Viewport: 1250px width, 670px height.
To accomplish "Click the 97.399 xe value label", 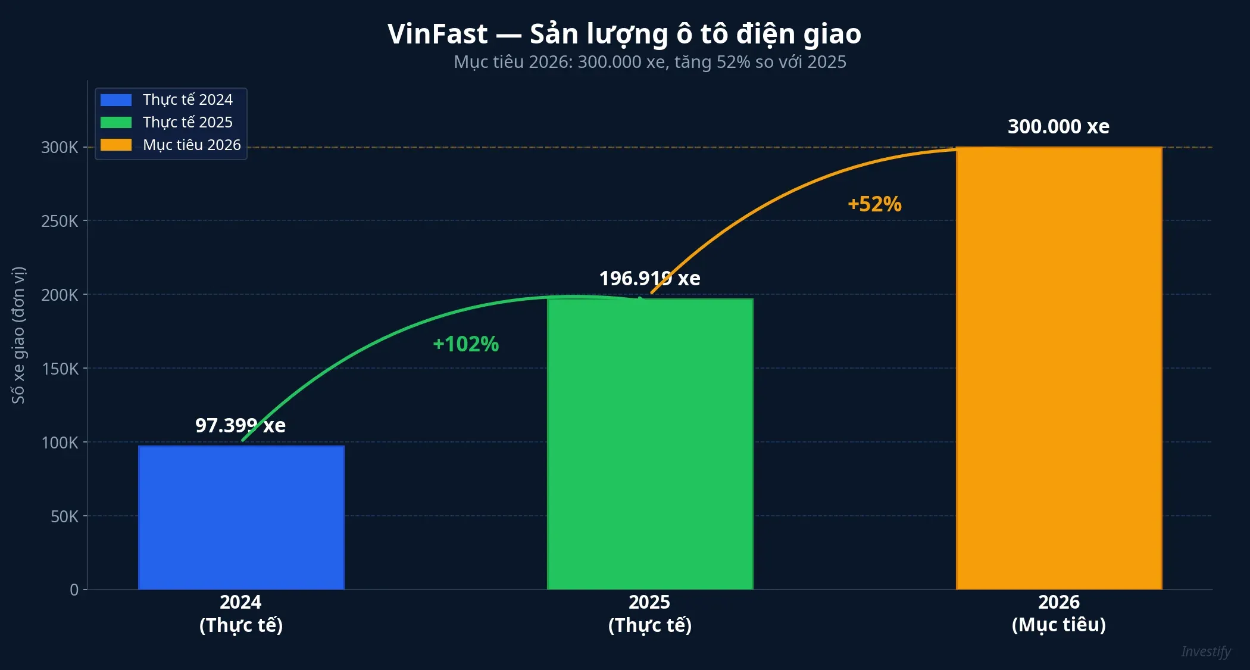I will coord(240,426).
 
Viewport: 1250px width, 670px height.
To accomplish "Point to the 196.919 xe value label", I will coord(649,279).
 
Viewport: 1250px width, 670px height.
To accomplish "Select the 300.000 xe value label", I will coord(1058,127).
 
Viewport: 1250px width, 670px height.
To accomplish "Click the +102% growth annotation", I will coord(465,344).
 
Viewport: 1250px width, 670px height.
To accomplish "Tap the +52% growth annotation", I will coord(874,204).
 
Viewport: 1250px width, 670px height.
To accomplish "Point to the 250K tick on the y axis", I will coord(60,222).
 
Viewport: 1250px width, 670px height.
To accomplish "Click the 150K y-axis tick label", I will coord(60,369).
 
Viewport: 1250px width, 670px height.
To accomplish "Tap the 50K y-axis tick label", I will coord(64,516).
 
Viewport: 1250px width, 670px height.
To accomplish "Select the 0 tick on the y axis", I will coord(74,590).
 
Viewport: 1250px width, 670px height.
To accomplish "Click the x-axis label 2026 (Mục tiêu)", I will coord(1058,613).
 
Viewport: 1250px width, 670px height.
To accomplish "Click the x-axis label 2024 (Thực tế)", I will coord(240,613).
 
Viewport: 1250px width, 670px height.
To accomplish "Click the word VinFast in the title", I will coord(437,34).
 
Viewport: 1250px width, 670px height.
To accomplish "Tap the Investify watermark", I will coord(1205,652).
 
